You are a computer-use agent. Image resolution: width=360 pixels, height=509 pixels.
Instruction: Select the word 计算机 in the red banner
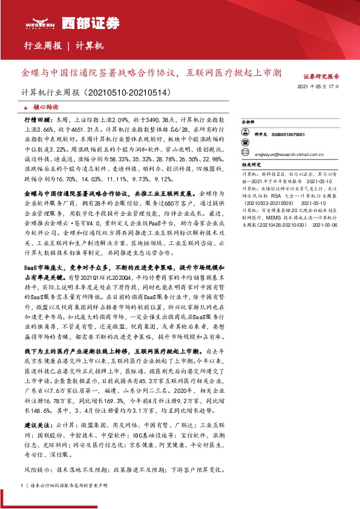point(91,46)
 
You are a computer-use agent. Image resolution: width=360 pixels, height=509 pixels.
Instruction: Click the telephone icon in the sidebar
point(245,141)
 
